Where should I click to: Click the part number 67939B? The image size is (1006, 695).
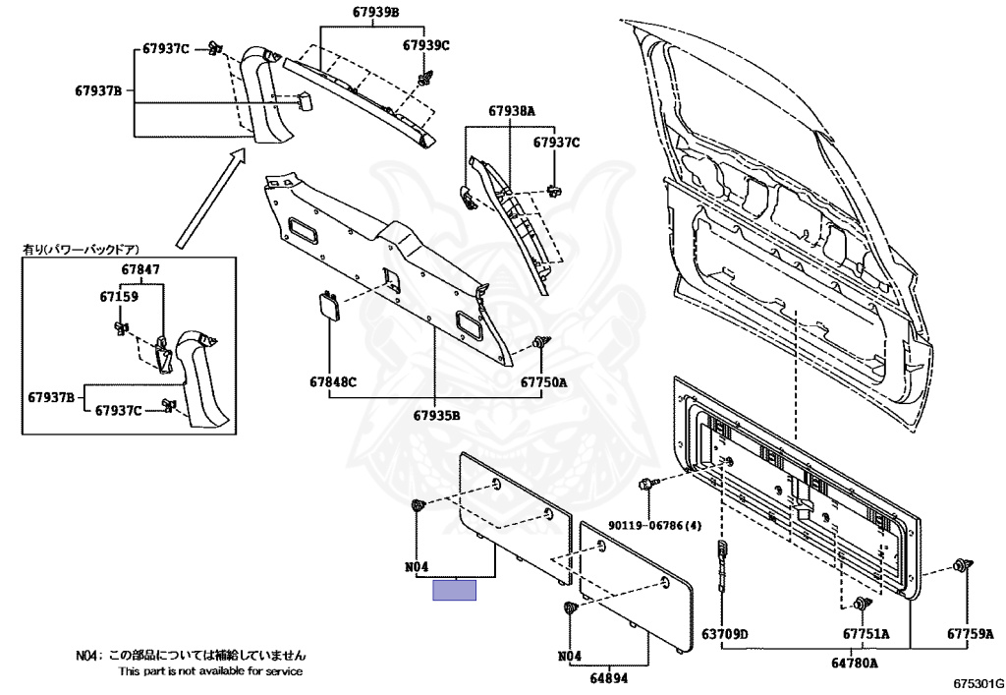coord(376,12)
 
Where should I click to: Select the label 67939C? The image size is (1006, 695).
coord(426,45)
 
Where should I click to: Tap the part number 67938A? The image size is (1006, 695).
coord(511,111)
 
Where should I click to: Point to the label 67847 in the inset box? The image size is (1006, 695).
coord(140,269)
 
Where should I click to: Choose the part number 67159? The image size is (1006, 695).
coord(119,297)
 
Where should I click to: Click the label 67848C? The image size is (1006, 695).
coord(333,381)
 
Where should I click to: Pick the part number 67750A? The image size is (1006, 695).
coord(543,381)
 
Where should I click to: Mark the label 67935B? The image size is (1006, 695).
coord(436,415)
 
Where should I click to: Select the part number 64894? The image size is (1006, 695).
coord(609,677)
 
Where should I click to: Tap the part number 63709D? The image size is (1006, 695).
coord(724,634)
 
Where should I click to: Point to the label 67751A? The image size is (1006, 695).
coord(866,634)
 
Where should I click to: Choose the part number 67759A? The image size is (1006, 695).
coord(970,634)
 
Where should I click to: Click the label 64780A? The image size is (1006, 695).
coord(855,663)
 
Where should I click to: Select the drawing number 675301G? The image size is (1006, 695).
coord(978,683)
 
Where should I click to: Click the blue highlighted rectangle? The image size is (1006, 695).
coord(454,590)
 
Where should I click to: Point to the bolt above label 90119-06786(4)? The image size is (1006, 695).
coord(646,484)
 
